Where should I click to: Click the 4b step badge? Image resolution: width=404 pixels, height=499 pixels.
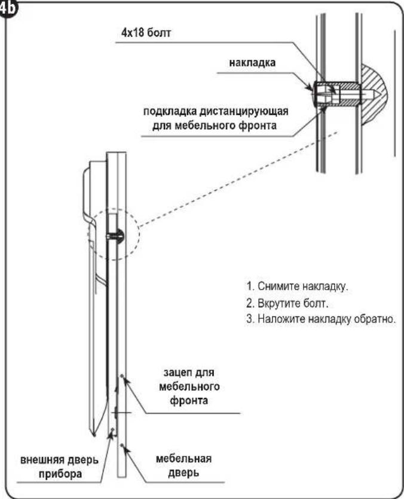[x=7, y=8]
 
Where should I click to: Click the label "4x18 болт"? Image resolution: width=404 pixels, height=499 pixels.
[x=146, y=33]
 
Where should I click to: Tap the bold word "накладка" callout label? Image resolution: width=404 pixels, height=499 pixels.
[x=252, y=63]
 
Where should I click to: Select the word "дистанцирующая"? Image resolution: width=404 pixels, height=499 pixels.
[x=244, y=111]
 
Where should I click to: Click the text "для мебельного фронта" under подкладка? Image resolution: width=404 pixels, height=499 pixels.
[x=214, y=126]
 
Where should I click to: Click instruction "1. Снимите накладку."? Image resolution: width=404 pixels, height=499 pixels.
[x=297, y=286]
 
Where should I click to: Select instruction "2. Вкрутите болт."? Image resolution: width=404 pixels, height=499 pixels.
[x=287, y=303]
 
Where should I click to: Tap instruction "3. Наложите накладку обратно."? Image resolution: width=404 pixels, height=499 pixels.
[x=321, y=318]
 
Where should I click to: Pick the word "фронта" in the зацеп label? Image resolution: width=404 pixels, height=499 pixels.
[x=189, y=400]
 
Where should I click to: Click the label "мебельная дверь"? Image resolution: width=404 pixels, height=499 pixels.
[x=183, y=466]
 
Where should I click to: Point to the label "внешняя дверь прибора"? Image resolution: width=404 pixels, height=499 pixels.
[x=59, y=467]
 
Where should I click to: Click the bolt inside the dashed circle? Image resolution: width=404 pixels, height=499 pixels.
[x=116, y=236]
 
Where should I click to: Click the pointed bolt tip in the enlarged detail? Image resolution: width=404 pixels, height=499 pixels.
[x=378, y=95]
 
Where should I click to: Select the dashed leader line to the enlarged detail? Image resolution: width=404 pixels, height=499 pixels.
[x=238, y=179]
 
